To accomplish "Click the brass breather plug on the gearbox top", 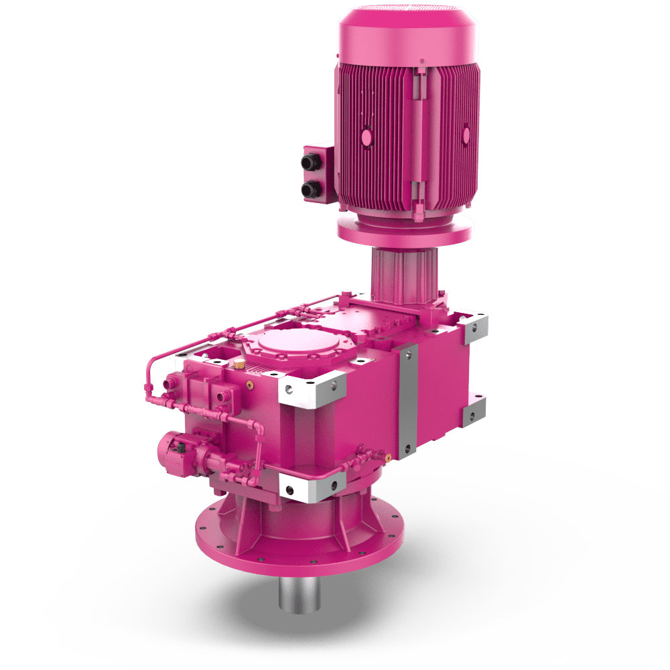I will pos(238,365).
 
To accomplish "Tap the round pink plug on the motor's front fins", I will pos(366,138).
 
